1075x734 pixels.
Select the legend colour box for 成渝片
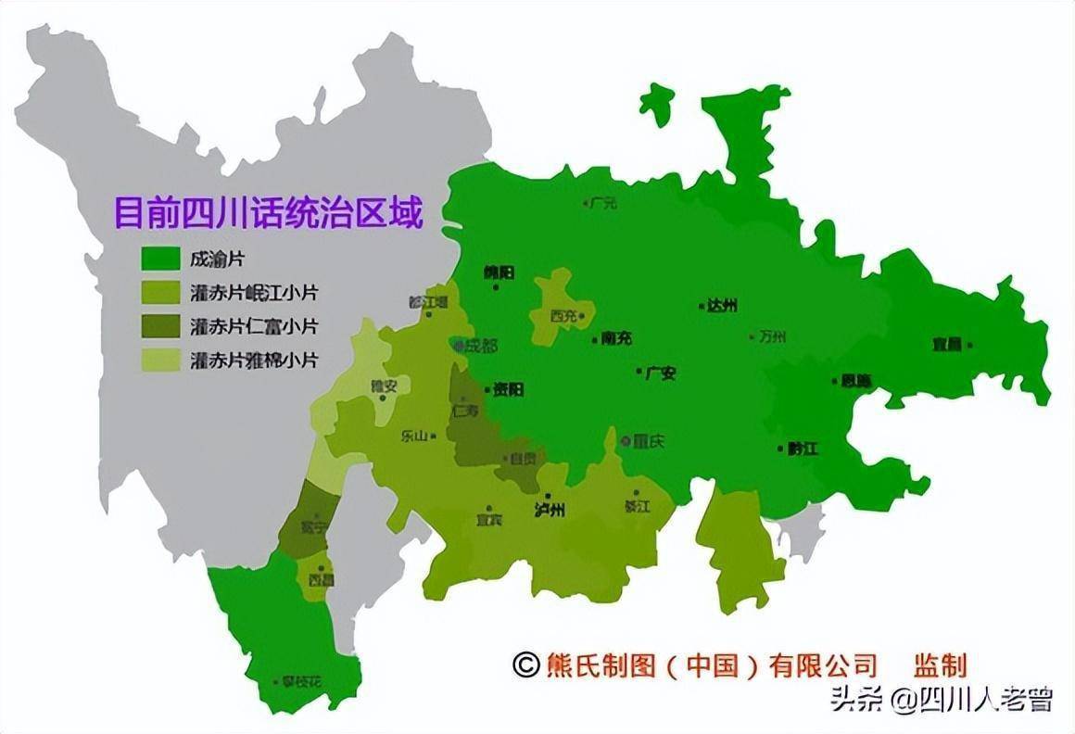pyautogui.click(x=159, y=259)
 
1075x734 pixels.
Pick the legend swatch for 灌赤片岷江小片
pyautogui.click(x=159, y=293)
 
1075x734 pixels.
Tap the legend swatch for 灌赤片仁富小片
pyautogui.click(x=159, y=326)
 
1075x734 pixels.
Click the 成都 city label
pyautogui.click(x=481, y=346)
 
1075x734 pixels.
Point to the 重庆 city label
pyautogui.click(x=649, y=442)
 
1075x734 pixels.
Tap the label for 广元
pyautogui.click(x=602, y=203)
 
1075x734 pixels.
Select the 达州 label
pyautogui.click(x=722, y=305)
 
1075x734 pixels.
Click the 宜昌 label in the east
pyautogui.click(x=948, y=345)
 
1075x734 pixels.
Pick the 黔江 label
pyautogui.click(x=803, y=449)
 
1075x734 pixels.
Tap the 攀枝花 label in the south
pyautogui.click(x=303, y=681)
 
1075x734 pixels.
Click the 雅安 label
pyautogui.click(x=383, y=387)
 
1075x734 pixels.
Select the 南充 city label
pyautogui.click(x=616, y=339)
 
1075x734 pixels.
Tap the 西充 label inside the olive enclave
pyautogui.click(x=563, y=316)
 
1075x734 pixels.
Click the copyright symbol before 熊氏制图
pyautogui.click(x=525, y=664)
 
